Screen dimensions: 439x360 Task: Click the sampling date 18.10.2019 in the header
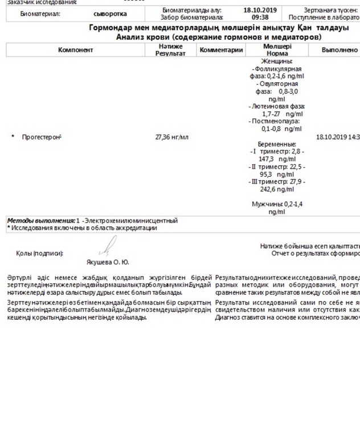click(260, 10)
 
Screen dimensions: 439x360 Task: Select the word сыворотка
click(111, 14)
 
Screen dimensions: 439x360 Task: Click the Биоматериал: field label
click(40, 14)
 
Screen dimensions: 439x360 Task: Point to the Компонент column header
click(75, 50)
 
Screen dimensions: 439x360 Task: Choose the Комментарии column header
click(222, 50)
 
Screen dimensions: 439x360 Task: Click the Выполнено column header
click(339, 50)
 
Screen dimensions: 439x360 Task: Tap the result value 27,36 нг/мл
click(171, 137)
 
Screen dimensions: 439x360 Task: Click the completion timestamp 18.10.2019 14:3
click(338, 137)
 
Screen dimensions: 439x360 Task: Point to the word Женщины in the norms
click(277, 61)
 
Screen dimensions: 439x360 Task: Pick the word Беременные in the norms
click(277, 144)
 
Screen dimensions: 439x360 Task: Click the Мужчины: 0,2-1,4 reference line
click(277, 204)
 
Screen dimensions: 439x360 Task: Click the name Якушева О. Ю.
click(108, 262)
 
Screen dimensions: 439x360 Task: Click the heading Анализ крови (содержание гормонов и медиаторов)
click(219, 37)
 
